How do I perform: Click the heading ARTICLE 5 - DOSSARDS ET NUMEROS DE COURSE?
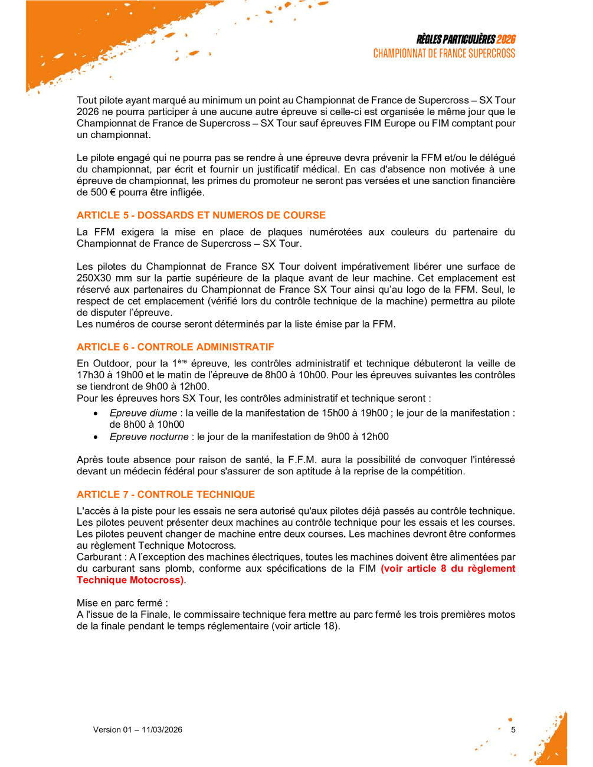[x=201, y=215]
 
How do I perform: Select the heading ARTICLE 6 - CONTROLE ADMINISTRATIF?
[x=175, y=347]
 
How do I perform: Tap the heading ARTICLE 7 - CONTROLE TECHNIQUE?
[x=166, y=494]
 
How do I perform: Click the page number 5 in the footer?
[x=513, y=730]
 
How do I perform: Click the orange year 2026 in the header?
[x=506, y=40]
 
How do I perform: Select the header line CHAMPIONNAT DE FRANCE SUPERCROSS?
[x=444, y=54]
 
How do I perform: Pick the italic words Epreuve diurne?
[x=143, y=413]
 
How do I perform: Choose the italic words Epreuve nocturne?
[x=149, y=437]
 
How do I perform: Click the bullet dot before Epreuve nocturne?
[x=96, y=437]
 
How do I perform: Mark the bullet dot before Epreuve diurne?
[x=96, y=414]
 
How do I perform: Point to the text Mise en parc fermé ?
[x=122, y=603]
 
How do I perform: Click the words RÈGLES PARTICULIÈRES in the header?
[x=456, y=40]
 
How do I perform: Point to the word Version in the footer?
[x=106, y=730]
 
